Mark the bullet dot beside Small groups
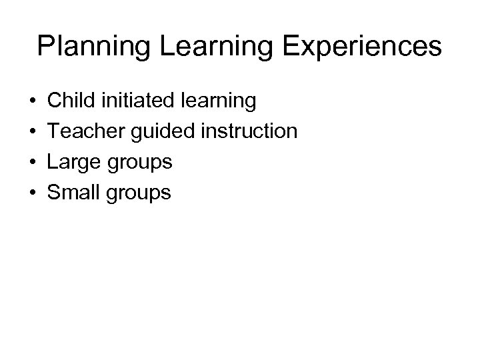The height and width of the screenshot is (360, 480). [x=33, y=193]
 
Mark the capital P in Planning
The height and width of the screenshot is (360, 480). [x=46, y=47]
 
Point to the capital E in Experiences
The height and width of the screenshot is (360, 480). [x=272, y=47]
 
